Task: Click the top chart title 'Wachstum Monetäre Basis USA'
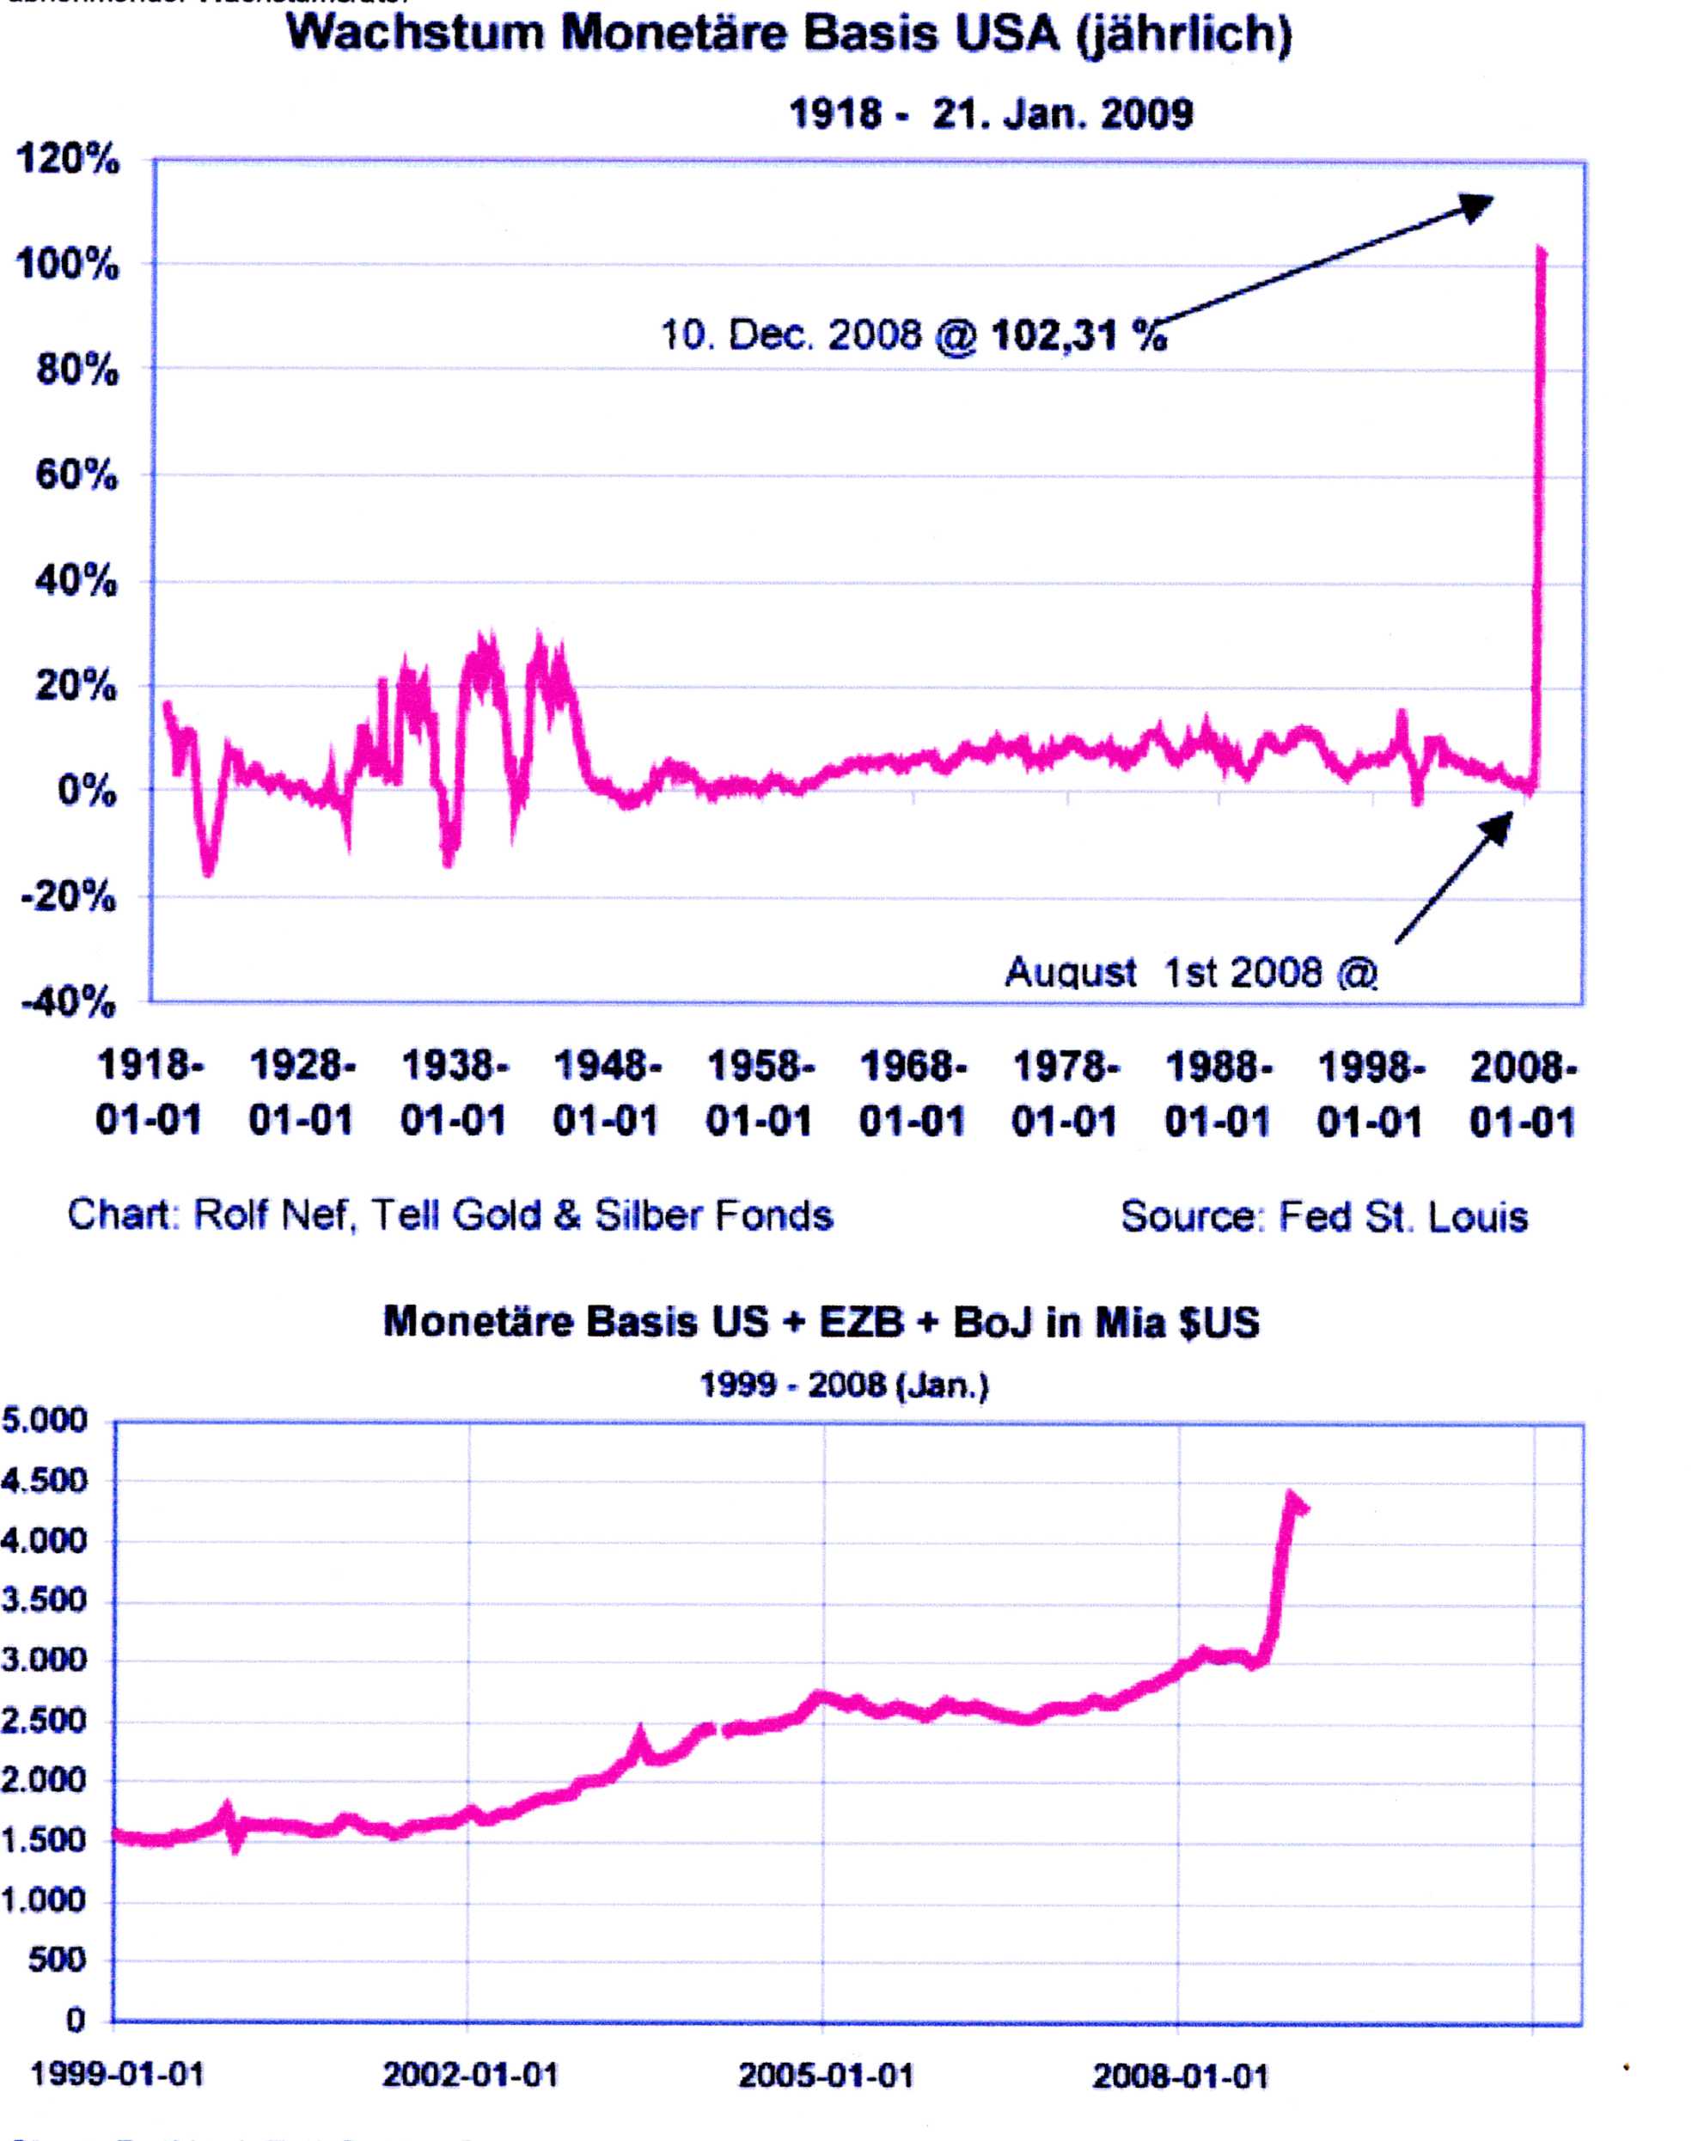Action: [x=789, y=34]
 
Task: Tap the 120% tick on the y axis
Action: [x=67, y=160]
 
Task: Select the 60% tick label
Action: [x=76, y=476]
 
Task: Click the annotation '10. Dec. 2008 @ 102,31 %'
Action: [x=913, y=336]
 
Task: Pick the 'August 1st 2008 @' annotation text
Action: [x=1191, y=973]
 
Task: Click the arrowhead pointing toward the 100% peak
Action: [x=1478, y=205]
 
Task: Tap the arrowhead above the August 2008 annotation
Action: [x=1500, y=825]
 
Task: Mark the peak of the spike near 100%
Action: [x=1542, y=249]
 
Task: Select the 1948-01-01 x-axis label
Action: [x=607, y=1094]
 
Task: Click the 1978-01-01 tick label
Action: [x=1065, y=1094]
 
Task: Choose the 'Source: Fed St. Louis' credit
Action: [x=1323, y=1217]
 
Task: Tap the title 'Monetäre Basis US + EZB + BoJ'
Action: [x=821, y=1323]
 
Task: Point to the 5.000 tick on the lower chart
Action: [x=45, y=1421]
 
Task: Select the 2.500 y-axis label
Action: [x=45, y=1721]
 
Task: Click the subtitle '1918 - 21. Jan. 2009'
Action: [x=991, y=114]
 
